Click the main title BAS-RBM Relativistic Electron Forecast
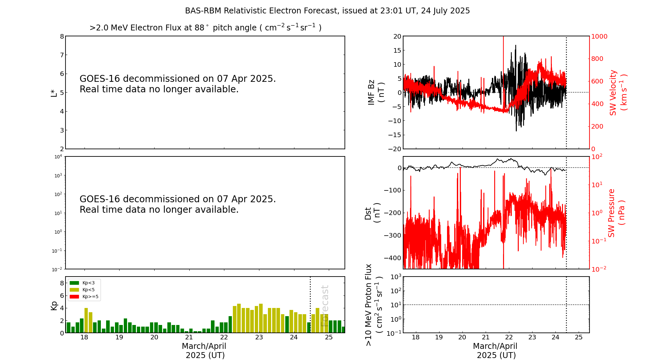coord(327,11)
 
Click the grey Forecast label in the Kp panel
coord(325,306)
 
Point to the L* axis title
coord(54,93)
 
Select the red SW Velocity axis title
coord(618,92)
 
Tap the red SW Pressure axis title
coord(616,213)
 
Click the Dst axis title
coord(372,213)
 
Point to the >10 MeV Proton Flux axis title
coord(373,305)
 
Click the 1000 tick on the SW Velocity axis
coord(599,36)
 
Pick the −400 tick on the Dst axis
coord(393,258)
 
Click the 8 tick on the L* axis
coord(62,36)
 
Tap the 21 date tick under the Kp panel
coord(189,337)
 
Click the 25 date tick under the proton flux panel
coord(579,337)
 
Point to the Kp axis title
coord(54,306)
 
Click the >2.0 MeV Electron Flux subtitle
coord(205,28)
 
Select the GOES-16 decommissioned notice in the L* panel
coord(178,84)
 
